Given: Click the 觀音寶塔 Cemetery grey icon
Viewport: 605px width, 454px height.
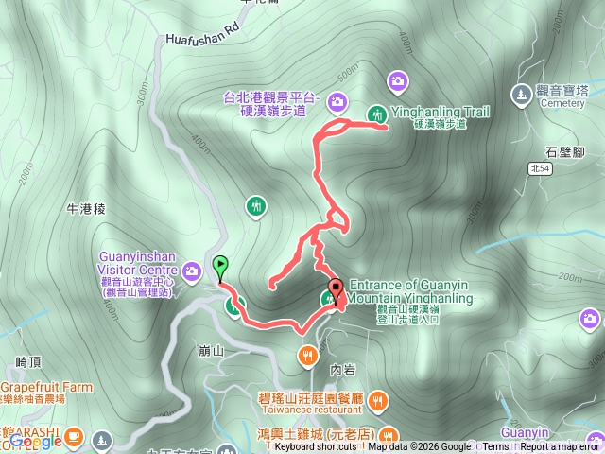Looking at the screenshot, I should pyautogui.click(x=520, y=94).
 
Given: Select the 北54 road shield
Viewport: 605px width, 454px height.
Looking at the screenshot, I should pyautogui.click(x=540, y=167).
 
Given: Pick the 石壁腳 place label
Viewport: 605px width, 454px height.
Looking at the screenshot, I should pyautogui.click(x=564, y=151).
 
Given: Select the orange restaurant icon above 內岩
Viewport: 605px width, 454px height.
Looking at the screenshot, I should pyautogui.click(x=307, y=356).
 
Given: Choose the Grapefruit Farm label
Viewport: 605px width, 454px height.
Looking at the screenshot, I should pyautogui.click(x=46, y=388).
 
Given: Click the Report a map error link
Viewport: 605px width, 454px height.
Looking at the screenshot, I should pyautogui.click(x=560, y=447).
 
